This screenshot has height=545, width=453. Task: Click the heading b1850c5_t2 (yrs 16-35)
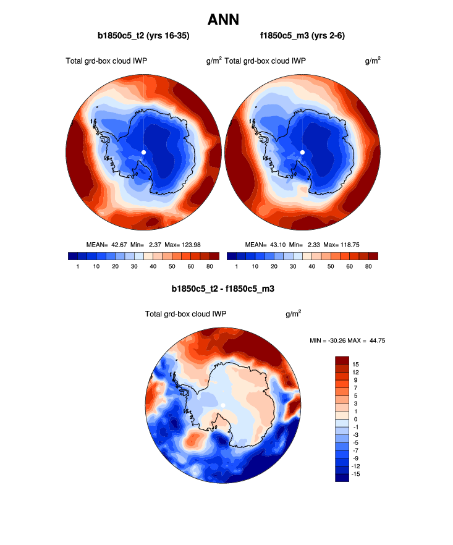click(143, 36)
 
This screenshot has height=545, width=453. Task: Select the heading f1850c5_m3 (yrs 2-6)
click(302, 36)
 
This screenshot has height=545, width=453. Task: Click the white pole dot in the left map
click(143, 152)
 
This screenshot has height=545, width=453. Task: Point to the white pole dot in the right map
click(302, 152)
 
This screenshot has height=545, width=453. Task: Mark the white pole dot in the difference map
click(222, 405)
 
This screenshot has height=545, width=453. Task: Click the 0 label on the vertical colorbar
click(355, 419)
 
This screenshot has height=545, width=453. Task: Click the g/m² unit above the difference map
click(293, 313)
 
